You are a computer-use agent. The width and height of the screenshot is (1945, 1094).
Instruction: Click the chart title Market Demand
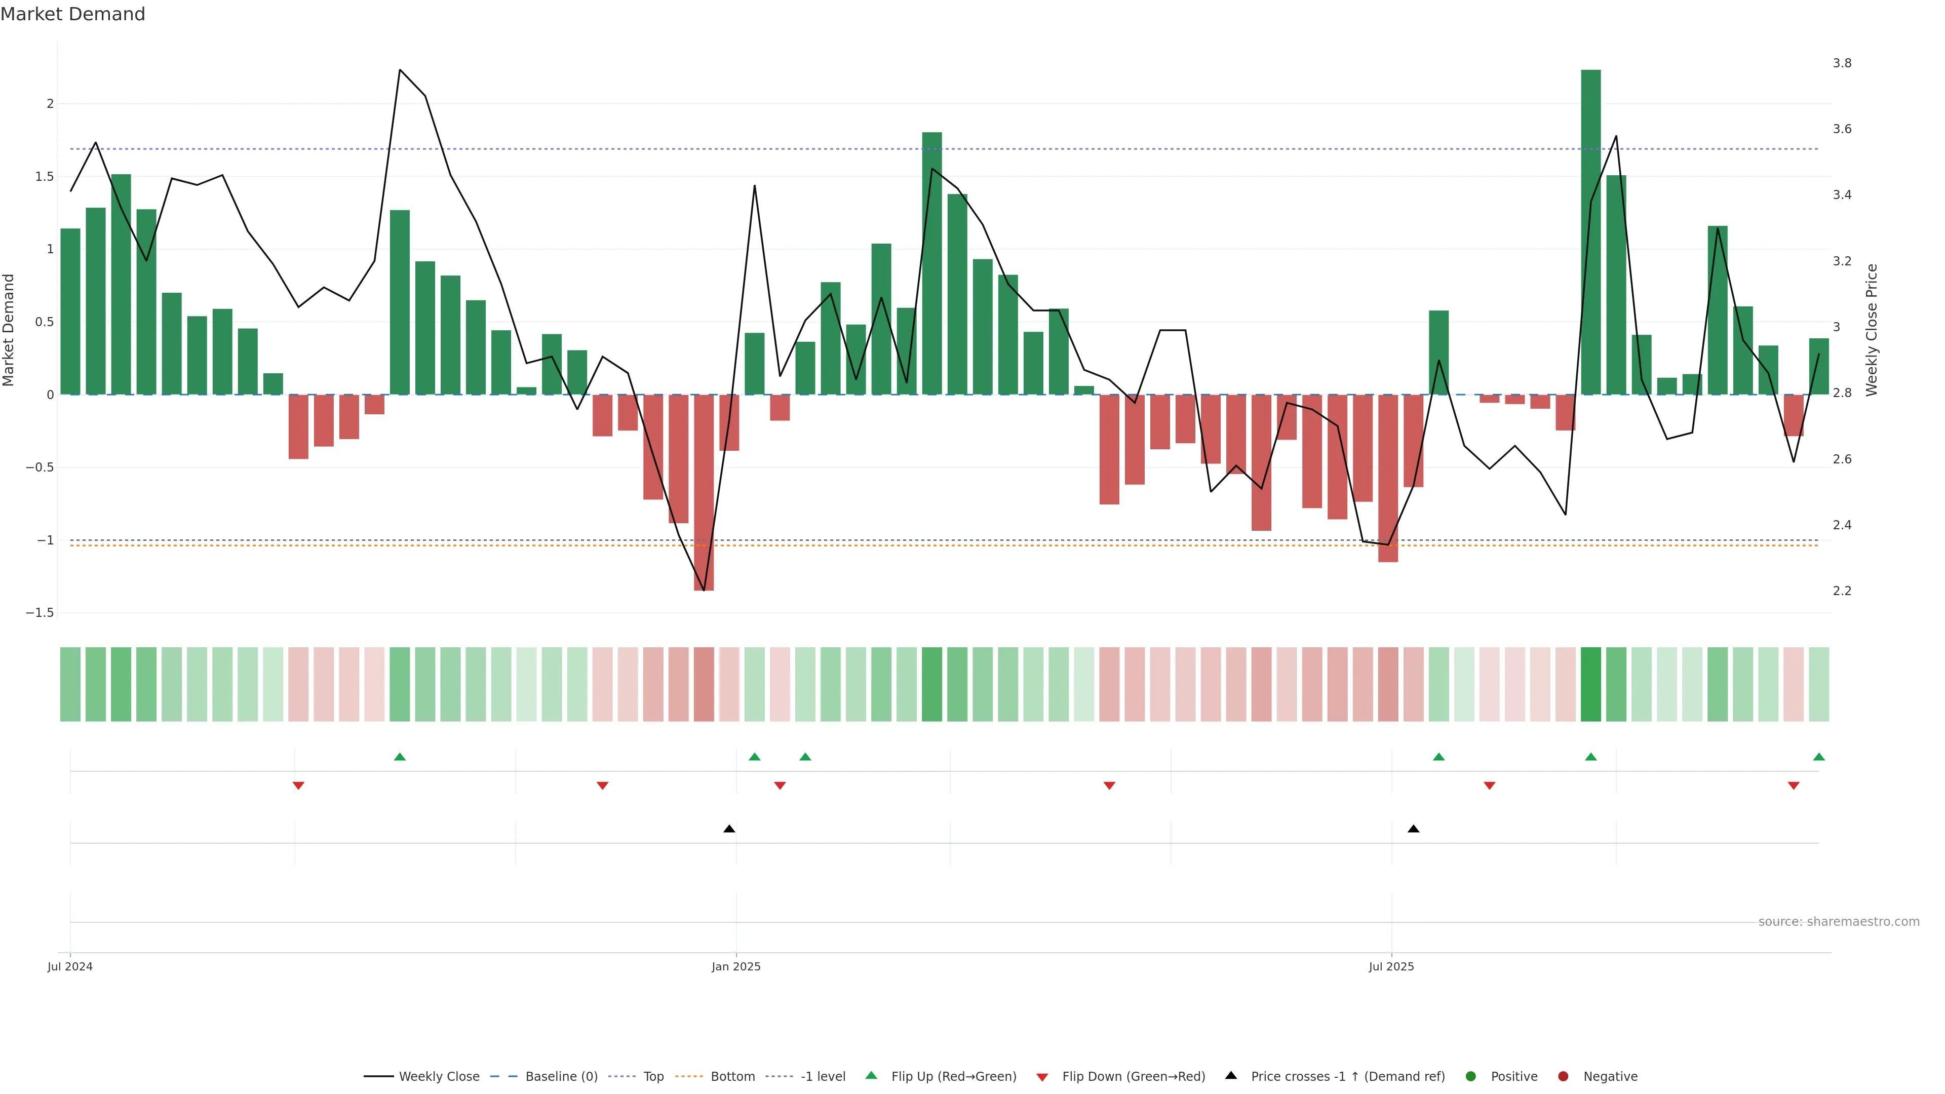[x=72, y=14]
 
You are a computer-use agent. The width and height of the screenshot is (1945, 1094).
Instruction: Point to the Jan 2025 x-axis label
[x=735, y=966]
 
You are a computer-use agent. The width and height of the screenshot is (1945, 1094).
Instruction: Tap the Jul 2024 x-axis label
[x=70, y=966]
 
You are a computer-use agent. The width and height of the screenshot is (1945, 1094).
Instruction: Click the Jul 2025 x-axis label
[x=1391, y=966]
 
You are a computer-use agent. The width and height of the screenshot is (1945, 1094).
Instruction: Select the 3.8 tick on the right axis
[x=1842, y=63]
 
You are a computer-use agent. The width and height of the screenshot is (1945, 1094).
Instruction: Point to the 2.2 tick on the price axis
[x=1842, y=591]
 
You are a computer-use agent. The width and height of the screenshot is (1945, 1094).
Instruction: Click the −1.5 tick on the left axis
[x=40, y=613]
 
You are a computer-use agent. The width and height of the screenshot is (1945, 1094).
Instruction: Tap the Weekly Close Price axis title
[x=1871, y=330]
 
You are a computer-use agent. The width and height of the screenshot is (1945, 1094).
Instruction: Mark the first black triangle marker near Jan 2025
[x=729, y=829]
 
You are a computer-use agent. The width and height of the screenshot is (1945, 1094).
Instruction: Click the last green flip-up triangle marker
[x=1818, y=757]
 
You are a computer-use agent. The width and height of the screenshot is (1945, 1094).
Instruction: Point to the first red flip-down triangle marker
[x=298, y=786]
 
